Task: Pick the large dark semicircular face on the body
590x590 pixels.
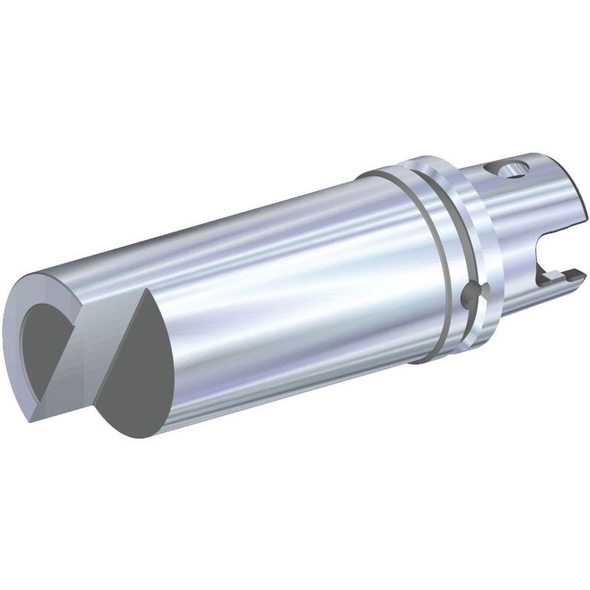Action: pos(142,373)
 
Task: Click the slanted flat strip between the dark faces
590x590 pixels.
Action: pos(90,352)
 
